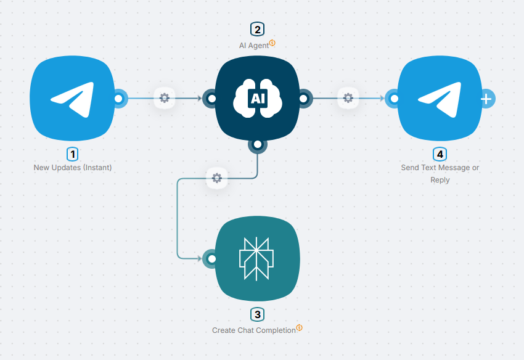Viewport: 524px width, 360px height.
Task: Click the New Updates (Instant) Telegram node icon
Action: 72,98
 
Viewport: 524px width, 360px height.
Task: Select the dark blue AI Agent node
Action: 257,98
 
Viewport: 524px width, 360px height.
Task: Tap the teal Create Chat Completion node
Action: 257,258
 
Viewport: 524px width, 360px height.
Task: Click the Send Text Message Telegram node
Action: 439,98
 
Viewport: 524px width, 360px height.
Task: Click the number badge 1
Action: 73,153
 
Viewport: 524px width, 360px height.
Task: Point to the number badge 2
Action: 257,29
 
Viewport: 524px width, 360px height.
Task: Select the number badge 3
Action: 257,314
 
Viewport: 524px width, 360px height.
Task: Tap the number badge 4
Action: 440,153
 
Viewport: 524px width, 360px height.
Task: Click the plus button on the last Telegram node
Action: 486,98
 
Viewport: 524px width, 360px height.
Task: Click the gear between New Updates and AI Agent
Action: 164,97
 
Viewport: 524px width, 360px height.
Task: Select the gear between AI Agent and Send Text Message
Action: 348,97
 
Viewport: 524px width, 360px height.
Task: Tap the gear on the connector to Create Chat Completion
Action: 216,178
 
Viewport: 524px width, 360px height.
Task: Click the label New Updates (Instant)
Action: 73,167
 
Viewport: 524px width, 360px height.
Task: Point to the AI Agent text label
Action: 255,45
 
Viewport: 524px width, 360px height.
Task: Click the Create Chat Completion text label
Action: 254,330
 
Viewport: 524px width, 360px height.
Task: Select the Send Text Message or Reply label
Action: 440,174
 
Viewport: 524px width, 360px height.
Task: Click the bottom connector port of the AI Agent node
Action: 257,145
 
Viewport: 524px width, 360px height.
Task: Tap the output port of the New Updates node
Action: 119,98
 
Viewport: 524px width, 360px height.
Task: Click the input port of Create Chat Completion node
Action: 211,258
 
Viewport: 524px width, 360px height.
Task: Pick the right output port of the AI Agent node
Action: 304,98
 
